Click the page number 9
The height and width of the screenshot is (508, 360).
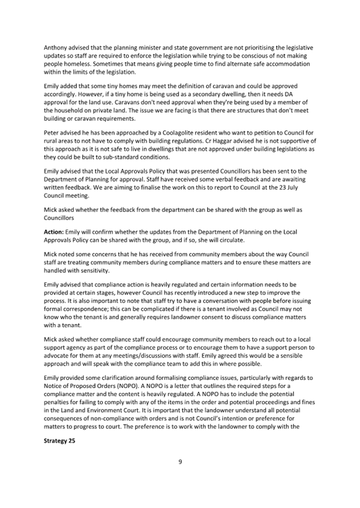180,462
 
